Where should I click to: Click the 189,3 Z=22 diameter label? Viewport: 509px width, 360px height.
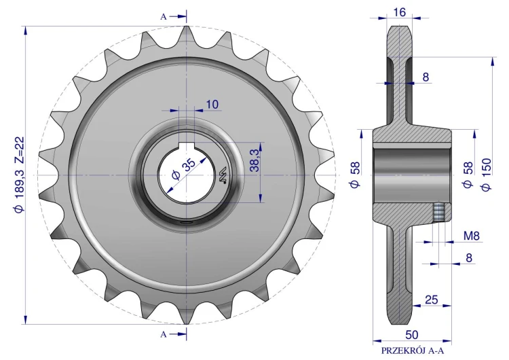(x=19, y=175)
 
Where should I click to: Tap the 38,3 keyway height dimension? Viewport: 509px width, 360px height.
(x=254, y=160)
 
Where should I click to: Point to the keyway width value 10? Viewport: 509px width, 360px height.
(x=212, y=105)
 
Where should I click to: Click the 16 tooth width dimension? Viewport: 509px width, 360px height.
(x=399, y=12)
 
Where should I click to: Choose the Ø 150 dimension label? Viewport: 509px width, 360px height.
(x=487, y=175)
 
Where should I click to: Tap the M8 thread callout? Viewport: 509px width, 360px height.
(x=472, y=236)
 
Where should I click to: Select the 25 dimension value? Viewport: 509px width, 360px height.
(x=432, y=300)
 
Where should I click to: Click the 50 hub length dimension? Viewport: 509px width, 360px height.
(x=412, y=335)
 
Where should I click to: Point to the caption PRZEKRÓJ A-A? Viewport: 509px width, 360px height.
(x=412, y=351)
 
